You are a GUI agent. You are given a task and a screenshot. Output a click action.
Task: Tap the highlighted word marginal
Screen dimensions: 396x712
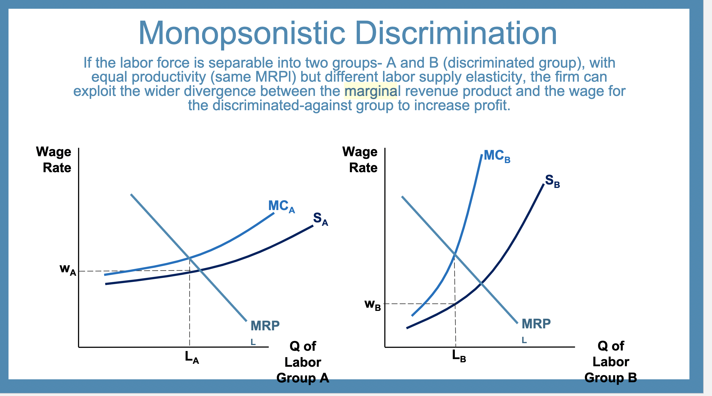tap(370, 91)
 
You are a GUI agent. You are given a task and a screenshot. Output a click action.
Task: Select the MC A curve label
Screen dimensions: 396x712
tap(281, 206)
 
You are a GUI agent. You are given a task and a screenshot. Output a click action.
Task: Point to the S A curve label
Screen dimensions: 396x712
tap(320, 219)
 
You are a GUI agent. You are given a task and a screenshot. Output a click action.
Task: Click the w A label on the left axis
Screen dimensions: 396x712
tap(67, 269)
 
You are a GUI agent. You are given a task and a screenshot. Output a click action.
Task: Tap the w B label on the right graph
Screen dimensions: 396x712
tap(372, 305)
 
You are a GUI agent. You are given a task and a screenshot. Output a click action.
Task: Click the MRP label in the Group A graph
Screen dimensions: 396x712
tap(265, 326)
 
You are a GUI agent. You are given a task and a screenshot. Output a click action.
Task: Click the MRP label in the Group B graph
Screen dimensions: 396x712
tap(536, 324)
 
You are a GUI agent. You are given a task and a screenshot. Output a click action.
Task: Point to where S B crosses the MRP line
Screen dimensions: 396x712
tap(481, 283)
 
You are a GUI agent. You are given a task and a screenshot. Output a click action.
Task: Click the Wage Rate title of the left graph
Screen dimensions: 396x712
tap(54, 160)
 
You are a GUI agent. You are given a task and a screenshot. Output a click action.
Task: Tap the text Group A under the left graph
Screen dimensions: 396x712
tap(302, 378)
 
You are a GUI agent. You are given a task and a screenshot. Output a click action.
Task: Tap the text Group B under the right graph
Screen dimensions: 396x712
tap(610, 378)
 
